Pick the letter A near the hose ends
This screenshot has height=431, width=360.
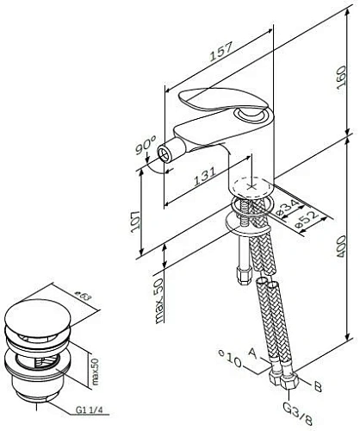coord(250,353)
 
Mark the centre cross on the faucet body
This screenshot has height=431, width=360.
coord(251,184)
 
